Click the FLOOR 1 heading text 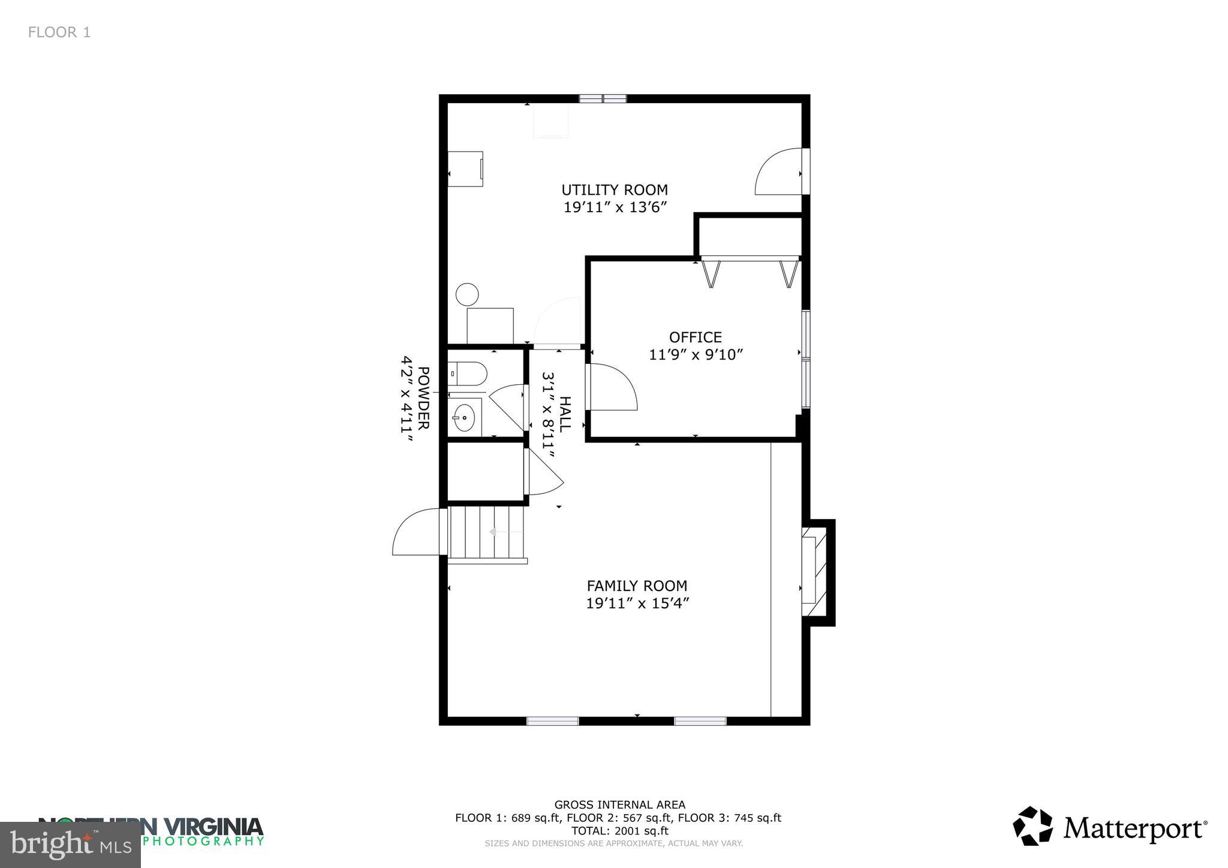59,32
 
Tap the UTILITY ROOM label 615,190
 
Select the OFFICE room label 696,337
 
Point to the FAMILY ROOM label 637,586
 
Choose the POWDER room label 423,398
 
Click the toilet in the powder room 468,373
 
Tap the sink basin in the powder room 464,417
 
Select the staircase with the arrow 487,532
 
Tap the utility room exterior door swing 778,173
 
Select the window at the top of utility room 603,99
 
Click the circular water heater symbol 467,294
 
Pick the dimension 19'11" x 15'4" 637,604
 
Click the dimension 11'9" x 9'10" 696,355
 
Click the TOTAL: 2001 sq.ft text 619,831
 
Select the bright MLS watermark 71,844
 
